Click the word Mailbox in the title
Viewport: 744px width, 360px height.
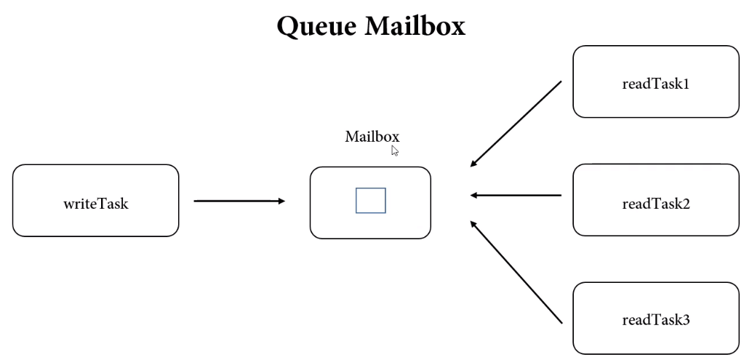(415, 25)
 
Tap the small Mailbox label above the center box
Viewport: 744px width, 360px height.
(372, 137)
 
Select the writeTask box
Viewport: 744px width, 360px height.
(96, 201)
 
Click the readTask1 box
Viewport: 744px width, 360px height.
(656, 81)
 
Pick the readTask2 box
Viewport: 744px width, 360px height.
(656, 200)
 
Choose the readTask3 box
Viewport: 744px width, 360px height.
(656, 319)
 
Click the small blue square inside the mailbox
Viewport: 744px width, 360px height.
(371, 201)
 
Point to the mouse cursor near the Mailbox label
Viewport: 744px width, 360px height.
(395, 151)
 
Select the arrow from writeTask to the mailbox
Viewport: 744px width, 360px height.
(239, 201)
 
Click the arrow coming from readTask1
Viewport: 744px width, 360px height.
(516, 124)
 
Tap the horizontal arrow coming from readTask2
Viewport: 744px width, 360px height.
(516, 195)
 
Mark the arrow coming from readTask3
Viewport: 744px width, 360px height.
(516, 272)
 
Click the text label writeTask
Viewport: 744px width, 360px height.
(96, 204)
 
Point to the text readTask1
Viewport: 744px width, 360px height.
(656, 84)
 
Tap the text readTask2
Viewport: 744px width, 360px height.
(656, 204)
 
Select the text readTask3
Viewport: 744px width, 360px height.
(656, 320)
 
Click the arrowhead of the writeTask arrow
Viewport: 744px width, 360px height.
(282, 201)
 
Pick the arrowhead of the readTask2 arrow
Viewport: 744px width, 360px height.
(473, 195)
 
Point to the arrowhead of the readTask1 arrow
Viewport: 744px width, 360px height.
(473, 164)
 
